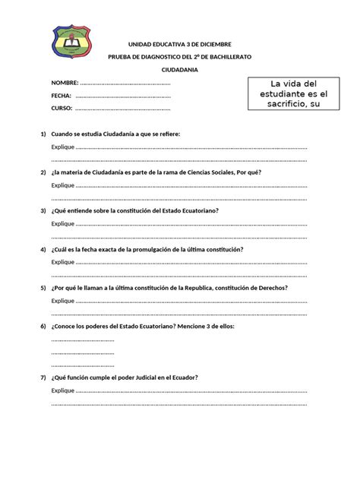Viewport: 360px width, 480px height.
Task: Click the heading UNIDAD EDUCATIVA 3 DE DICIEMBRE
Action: (x=179, y=45)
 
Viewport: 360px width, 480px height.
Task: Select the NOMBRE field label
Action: (x=65, y=82)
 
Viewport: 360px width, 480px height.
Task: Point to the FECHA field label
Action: (x=62, y=96)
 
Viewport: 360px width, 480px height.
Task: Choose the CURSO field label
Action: (x=62, y=109)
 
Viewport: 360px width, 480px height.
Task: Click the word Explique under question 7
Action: (x=63, y=391)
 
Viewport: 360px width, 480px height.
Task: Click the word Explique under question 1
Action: (x=63, y=147)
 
